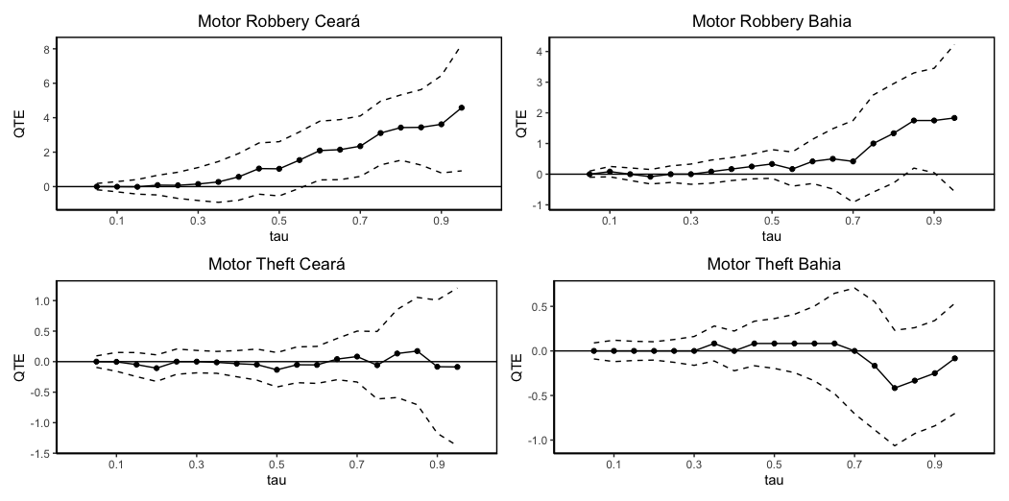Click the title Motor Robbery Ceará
coord(276,21)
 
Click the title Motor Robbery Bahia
coord(771,21)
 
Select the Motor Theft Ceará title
coord(276,265)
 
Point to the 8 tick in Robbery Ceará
coord(47,49)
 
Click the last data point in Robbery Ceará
coord(462,107)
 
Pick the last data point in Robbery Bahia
coord(954,118)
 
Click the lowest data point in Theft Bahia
coord(894,388)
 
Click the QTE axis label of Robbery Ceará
coord(18,128)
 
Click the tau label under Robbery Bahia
coord(771,235)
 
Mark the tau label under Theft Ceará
coord(276,479)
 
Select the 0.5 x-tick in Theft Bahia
coord(773,465)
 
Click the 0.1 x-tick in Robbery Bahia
coord(609,221)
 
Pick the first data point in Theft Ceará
coord(96,362)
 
